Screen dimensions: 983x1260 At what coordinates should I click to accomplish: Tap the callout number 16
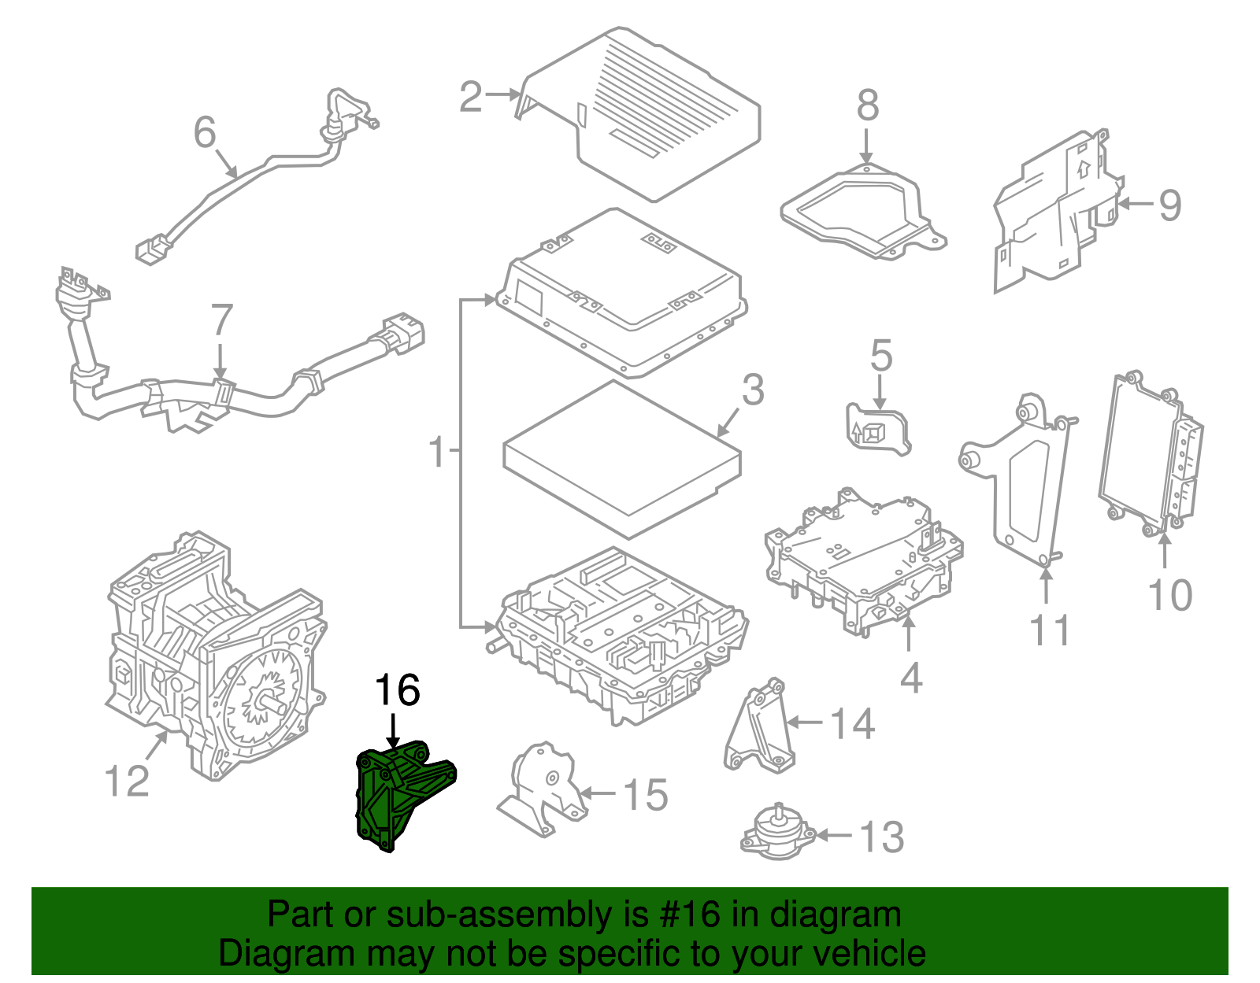pyautogui.click(x=397, y=691)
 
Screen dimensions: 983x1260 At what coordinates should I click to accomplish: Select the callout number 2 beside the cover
pyautogui.click(x=470, y=97)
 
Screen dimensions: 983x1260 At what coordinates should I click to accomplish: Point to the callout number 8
pyautogui.click(x=867, y=105)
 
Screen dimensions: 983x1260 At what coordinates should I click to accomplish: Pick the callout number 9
pyautogui.click(x=1169, y=205)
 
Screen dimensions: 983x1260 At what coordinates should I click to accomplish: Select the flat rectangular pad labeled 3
pyautogui.click(x=622, y=456)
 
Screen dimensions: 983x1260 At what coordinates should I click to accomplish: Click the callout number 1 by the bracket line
pyautogui.click(x=437, y=453)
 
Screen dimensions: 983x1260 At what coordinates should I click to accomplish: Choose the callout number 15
pyautogui.click(x=646, y=795)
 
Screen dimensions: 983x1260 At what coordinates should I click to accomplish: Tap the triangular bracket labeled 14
pyautogui.click(x=758, y=728)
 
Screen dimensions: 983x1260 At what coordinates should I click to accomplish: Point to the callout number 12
pyautogui.click(x=126, y=781)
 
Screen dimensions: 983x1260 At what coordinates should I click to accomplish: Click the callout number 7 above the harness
pyautogui.click(x=222, y=320)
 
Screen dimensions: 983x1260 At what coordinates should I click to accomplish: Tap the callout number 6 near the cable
pyautogui.click(x=205, y=131)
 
